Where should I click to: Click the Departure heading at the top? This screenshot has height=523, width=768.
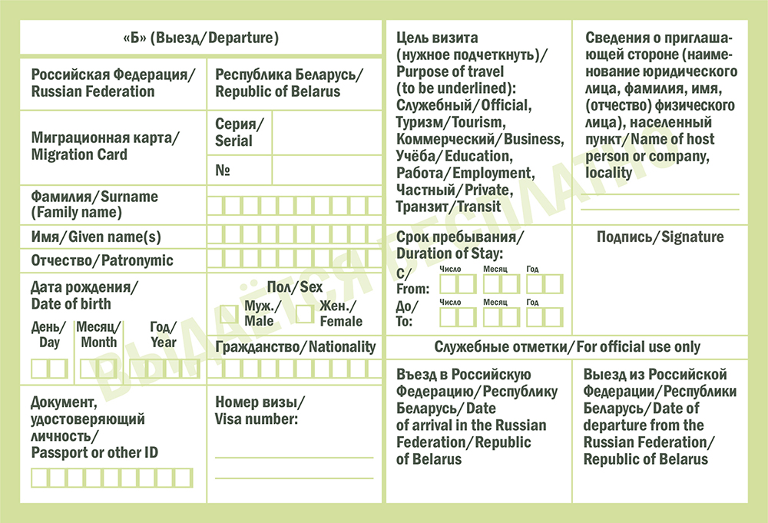pos(200,38)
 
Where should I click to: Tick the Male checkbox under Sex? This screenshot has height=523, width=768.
pos(229,313)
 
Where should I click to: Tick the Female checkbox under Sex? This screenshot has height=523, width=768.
pos(305,313)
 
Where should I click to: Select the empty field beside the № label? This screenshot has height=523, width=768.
pos(326,170)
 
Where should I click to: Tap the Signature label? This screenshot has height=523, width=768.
pos(660,237)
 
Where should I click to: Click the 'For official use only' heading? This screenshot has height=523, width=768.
pos(568,347)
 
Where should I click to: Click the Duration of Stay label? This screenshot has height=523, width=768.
pos(449,252)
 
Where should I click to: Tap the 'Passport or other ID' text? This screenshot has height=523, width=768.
pos(94,452)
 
